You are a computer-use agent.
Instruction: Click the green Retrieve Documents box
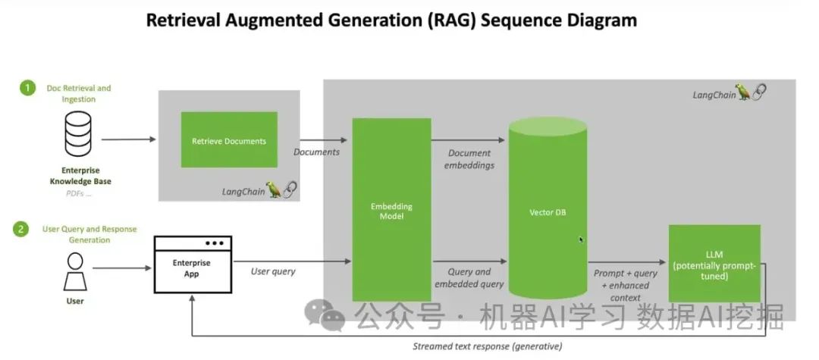pyautogui.click(x=229, y=140)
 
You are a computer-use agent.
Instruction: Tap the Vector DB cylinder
pyautogui.click(x=548, y=211)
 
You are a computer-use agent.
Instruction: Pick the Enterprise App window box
pyautogui.click(x=193, y=265)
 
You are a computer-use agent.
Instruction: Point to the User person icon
pyautogui.click(x=75, y=271)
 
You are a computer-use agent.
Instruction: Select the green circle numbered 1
pyautogui.click(x=28, y=89)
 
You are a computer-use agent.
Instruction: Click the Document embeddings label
pyautogui.click(x=469, y=158)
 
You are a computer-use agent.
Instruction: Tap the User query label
pyautogui.click(x=273, y=271)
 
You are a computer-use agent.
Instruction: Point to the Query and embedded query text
pyautogui.click(x=469, y=277)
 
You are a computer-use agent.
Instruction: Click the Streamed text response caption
pyautogui.click(x=487, y=346)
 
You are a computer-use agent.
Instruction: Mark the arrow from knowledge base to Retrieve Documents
pyautogui.click(x=128, y=139)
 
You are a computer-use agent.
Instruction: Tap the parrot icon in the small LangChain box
pyautogui.click(x=274, y=189)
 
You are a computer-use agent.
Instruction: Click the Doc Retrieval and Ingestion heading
pyautogui.click(x=78, y=93)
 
